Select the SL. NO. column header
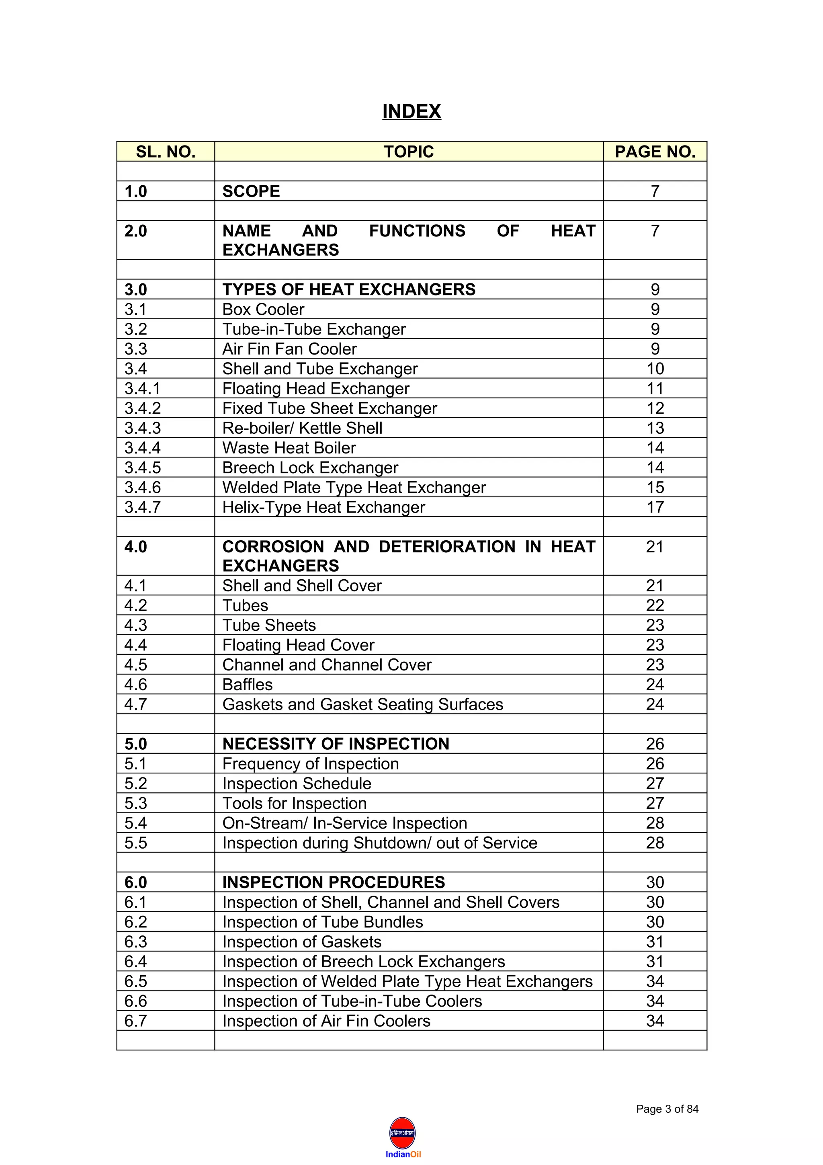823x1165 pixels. click(x=165, y=152)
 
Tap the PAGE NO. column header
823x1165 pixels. click(x=655, y=152)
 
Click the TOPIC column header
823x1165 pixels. click(x=409, y=152)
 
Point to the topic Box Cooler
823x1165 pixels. click(x=263, y=309)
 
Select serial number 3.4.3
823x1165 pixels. click(x=143, y=428)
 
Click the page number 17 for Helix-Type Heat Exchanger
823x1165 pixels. click(x=655, y=507)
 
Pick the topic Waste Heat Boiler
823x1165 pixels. click(x=289, y=447)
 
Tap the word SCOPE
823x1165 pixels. click(x=251, y=191)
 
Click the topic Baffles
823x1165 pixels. click(x=248, y=685)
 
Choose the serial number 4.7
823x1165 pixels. click(x=135, y=704)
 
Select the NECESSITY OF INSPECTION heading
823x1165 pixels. click(x=336, y=744)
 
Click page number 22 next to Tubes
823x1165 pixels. click(x=655, y=605)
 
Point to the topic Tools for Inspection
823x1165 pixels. click(x=294, y=803)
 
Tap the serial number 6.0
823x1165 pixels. click(x=135, y=882)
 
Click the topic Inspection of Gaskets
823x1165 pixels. click(x=302, y=942)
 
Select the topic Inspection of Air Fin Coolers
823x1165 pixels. click(x=326, y=1021)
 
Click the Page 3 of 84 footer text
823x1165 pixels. click(x=667, y=1109)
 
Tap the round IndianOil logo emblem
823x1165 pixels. click(x=403, y=1132)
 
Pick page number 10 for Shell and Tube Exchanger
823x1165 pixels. click(x=655, y=368)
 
